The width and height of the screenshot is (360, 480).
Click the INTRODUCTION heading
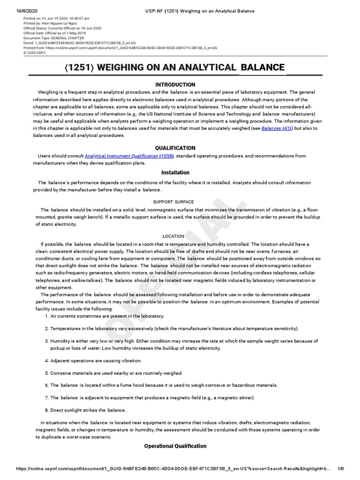[175, 85]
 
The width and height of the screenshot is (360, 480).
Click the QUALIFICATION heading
[175, 148]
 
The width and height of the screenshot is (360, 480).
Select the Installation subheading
[175, 172]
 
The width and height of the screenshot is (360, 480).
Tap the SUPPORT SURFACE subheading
[173, 202]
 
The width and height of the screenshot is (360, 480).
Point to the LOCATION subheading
[173, 236]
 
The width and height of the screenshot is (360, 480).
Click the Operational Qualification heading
[175, 446]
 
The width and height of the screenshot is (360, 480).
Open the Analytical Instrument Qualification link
[121, 156]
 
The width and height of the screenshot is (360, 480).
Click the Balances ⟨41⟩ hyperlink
[271, 128]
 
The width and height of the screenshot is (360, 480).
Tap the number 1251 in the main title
[80, 68]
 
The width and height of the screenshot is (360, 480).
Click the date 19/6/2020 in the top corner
[27, 11]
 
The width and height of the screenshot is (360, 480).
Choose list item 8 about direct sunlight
[88, 411]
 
